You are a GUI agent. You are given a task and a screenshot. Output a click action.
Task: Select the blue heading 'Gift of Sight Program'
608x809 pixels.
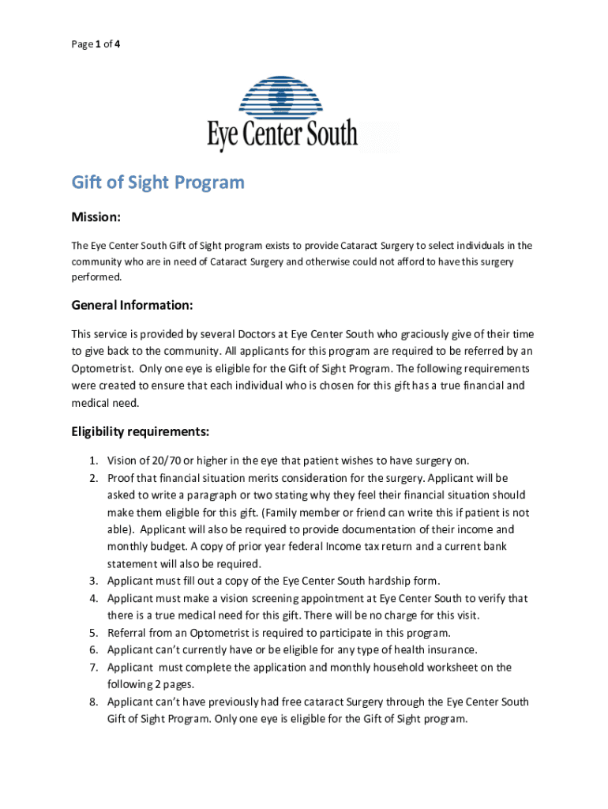pyautogui.click(x=158, y=183)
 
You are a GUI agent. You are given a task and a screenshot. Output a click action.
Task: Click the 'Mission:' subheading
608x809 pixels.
pyautogui.click(x=96, y=217)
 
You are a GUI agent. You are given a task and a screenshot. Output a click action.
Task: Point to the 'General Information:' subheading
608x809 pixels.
pyautogui.click(x=132, y=305)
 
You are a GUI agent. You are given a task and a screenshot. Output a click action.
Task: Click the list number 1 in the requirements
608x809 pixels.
pyautogui.click(x=92, y=461)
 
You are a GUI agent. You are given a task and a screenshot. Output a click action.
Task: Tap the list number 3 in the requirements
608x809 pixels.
pyautogui.click(x=92, y=581)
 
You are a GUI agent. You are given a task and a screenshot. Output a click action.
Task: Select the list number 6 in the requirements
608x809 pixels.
pyautogui.click(x=92, y=650)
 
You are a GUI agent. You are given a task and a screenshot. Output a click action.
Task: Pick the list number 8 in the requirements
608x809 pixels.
pyautogui.click(x=92, y=702)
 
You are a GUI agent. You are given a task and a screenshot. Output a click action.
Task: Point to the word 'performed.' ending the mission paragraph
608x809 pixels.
pyautogui.click(x=97, y=277)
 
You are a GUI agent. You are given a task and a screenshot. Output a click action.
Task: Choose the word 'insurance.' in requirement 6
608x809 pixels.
pyautogui.click(x=450, y=650)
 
